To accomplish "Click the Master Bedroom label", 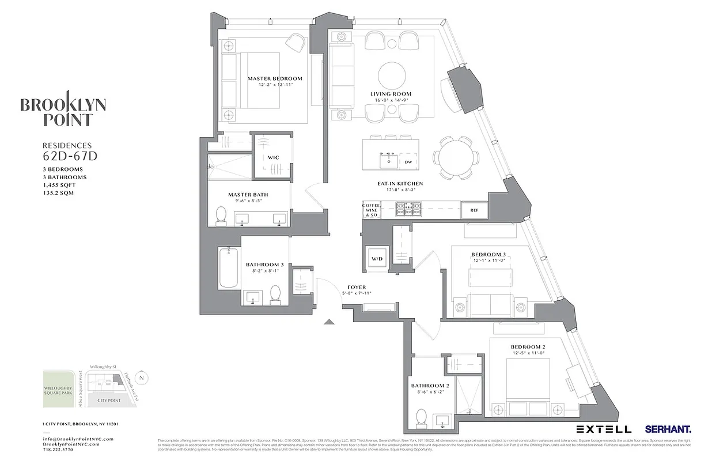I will [275, 78].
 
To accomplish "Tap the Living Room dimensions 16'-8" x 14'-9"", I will [391, 100].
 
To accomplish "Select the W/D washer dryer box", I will [377, 259].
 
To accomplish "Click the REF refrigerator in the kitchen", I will [474, 210].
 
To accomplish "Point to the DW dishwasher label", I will [407, 163].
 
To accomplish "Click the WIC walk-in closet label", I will [273, 157].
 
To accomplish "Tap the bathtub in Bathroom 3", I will [229, 267].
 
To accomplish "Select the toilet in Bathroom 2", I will [422, 417].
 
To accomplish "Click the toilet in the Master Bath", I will [221, 216].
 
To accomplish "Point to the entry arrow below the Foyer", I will [329, 322].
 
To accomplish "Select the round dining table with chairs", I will [455, 157].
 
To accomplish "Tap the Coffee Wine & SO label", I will [370, 210].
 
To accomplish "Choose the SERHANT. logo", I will [668, 429].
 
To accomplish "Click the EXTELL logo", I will [604, 429].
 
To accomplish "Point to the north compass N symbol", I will [144, 378].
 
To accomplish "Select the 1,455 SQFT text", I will [59, 185].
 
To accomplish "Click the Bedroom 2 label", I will [528, 347].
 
